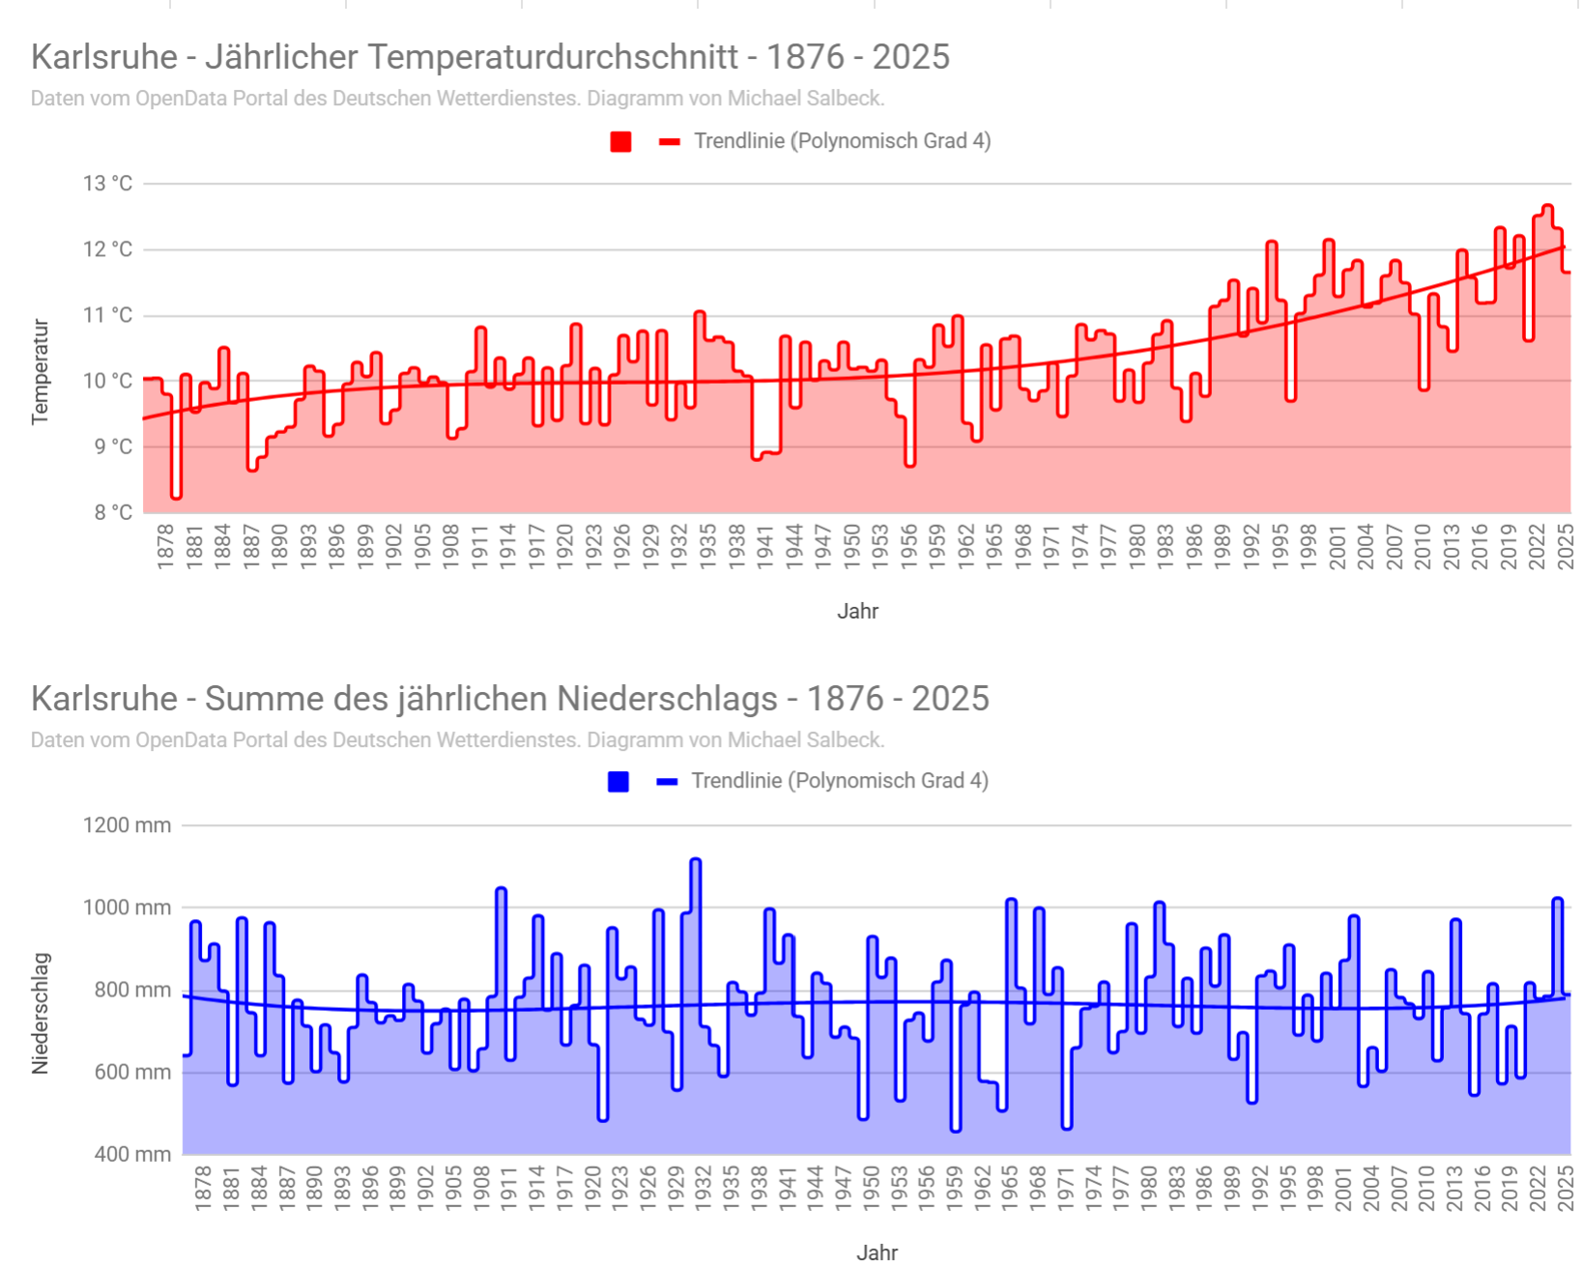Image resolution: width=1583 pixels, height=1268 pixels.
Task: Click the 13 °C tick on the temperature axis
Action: tap(107, 184)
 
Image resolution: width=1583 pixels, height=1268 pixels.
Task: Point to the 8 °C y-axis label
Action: tap(113, 512)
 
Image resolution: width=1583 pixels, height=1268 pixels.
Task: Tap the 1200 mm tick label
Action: tap(127, 825)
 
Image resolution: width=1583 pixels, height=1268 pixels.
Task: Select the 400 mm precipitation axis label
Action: tap(132, 1154)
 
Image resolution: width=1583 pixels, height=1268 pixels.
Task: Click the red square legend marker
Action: tap(620, 142)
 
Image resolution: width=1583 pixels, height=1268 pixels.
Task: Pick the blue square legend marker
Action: tap(619, 782)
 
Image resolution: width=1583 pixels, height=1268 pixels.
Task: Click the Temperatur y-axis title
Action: tap(40, 371)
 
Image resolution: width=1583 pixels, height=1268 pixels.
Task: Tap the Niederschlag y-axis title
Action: tap(40, 1013)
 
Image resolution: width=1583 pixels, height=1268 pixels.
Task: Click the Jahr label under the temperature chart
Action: tap(857, 611)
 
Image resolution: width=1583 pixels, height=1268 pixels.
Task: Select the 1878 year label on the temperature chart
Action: tap(165, 545)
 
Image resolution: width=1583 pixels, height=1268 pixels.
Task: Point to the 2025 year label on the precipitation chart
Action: tap(1566, 1187)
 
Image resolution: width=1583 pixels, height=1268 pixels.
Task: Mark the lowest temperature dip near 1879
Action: tap(176, 496)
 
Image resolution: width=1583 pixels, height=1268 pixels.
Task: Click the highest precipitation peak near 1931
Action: tap(696, 860)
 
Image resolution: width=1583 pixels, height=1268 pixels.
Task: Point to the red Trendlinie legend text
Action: tap(842, 141)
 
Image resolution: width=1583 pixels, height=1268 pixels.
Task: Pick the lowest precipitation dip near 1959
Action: tap(956, 1129)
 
